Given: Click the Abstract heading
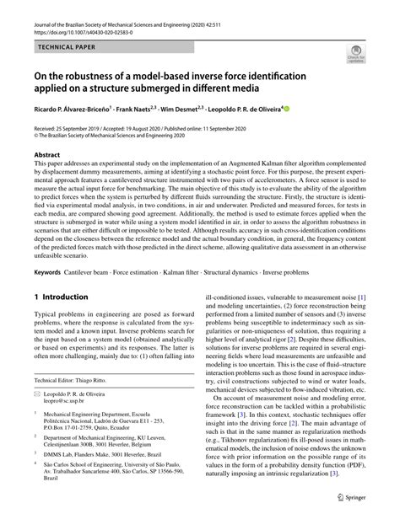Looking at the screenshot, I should (48, 156).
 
